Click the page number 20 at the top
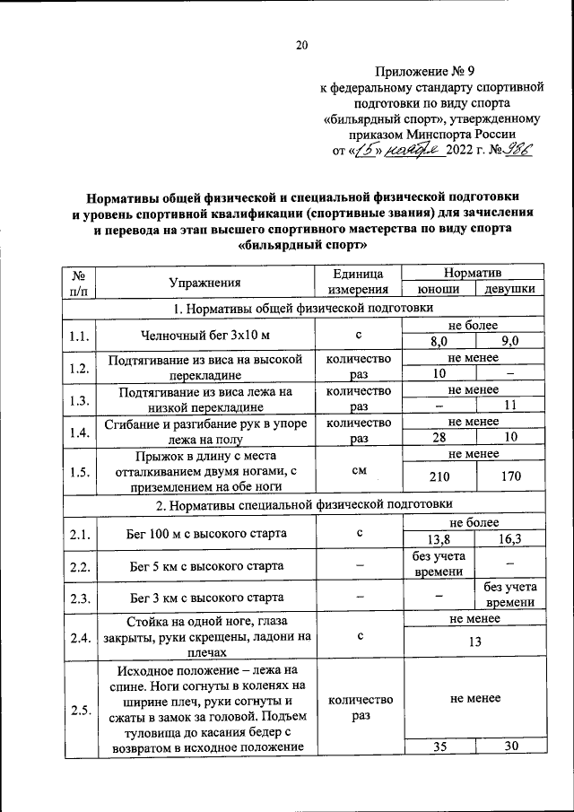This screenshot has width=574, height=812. coord(302,47)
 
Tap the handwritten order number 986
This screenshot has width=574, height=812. coord(518,152)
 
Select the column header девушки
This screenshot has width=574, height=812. coord(509,290)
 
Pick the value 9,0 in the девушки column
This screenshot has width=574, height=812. coord(510,342)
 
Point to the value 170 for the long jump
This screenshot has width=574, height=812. coord(510,477)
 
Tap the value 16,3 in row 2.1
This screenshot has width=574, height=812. coord(510,540)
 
